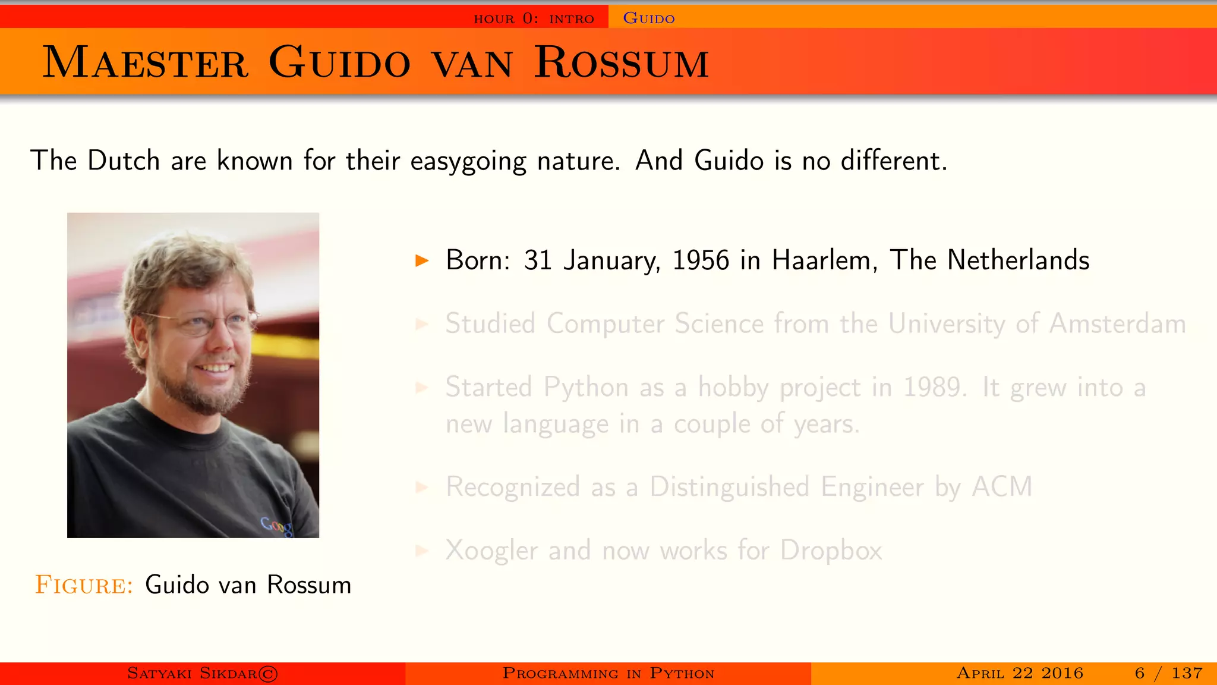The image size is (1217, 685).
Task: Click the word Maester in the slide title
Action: [145, 62]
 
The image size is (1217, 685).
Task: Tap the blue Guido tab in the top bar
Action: [648, 18]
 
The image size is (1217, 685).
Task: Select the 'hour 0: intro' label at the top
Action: [534, 18]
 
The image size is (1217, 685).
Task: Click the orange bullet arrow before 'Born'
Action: [422, 260]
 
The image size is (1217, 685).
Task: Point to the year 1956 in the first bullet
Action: [701, 260]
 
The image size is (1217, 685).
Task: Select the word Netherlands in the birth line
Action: [1018, 260]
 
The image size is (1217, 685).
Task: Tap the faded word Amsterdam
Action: [1117, 324]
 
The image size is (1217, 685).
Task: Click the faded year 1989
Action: [933, 387]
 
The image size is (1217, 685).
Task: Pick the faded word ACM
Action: [1002, 487]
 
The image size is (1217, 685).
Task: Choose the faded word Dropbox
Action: [831, 551]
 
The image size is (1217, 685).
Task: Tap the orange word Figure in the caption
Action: [84, 585]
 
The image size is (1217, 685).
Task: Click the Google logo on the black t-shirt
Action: [277, 526]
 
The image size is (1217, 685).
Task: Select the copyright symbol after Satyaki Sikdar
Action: [268, 674]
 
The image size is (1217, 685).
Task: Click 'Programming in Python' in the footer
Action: [608, 674]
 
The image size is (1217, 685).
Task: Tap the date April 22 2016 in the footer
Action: [1020, 674]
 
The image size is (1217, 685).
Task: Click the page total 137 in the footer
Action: [1187, 674]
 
